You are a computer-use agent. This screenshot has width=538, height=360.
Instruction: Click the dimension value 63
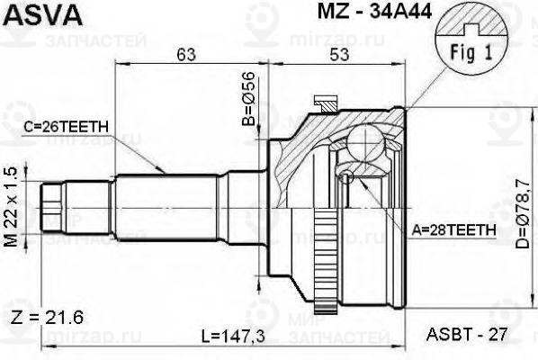pyautogui.click(x=186, y=56)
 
